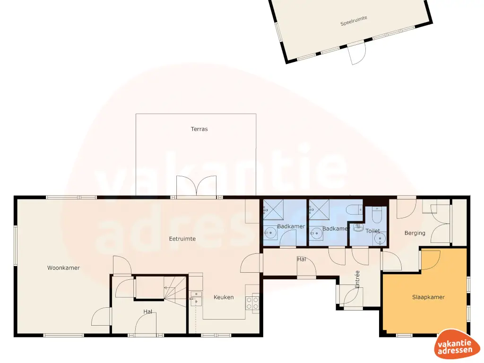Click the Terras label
point(199,129)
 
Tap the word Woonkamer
point(63,268)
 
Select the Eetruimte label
point(182,239)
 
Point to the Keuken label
point(224,297)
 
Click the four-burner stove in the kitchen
point(252,302)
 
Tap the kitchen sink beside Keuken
point(196,298)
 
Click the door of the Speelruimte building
point(357,53)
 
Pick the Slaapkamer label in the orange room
point(428,297)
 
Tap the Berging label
point(415,233)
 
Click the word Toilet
point(372,231)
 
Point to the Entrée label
point(357,279)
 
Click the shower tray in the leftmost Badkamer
point(272,208)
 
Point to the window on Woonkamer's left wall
point(15,246)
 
